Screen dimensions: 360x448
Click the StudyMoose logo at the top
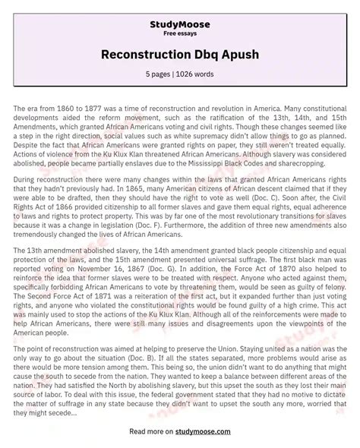click(x=179, y=11)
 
